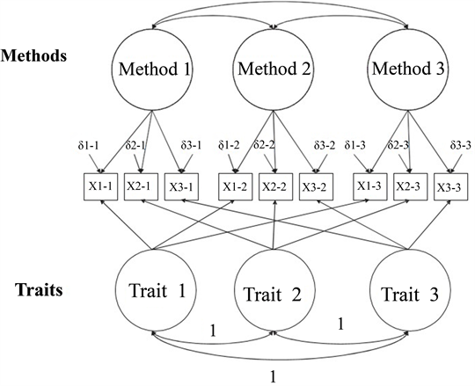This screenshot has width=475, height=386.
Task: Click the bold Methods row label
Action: (x=33, y=56)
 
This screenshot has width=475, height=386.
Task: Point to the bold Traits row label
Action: (x=39, y=290)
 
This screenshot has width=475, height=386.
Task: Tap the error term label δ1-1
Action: (x=88, y=146)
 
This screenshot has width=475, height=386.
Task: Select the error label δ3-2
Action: (x=325, y=146)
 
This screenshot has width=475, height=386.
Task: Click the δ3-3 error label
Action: (x=460, y=146)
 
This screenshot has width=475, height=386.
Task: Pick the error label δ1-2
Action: (x=229, y=146)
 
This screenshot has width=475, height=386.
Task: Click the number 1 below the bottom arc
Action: (x=273, y=377)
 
